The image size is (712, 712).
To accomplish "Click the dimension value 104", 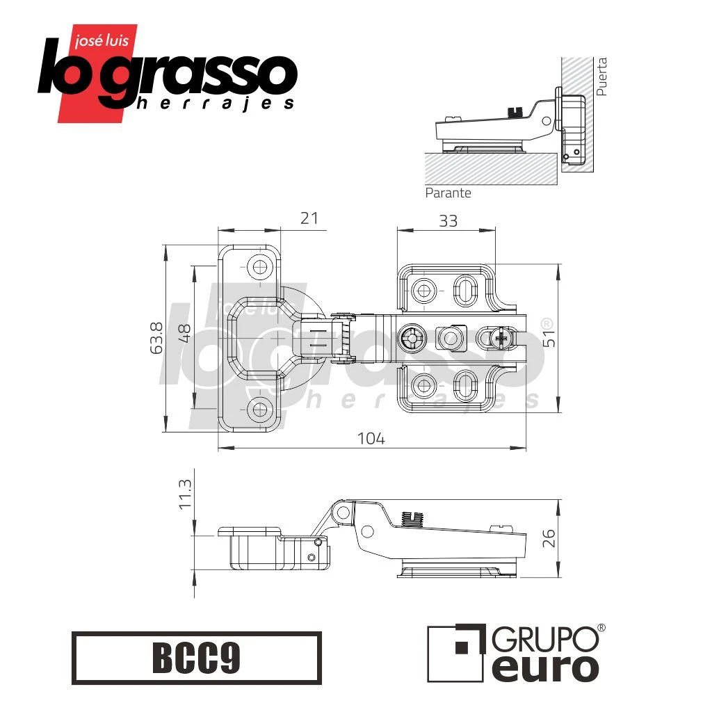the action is tap(371, 439).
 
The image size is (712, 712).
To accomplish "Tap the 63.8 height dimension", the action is tap(156, 339).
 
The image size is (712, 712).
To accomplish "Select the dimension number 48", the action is tap(184, 334).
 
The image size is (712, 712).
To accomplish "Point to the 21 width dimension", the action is tap(309, 218).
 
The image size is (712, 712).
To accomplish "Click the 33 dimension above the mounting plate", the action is tap(448, 221).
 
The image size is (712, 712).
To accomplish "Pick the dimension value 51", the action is tap(549, 338).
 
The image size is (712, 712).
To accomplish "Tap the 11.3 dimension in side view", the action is tap(185, 494).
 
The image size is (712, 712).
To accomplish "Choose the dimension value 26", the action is tap(549, 538).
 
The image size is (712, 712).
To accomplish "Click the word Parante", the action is tap(448, 193).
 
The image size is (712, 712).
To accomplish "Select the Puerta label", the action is tap(601, 76).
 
